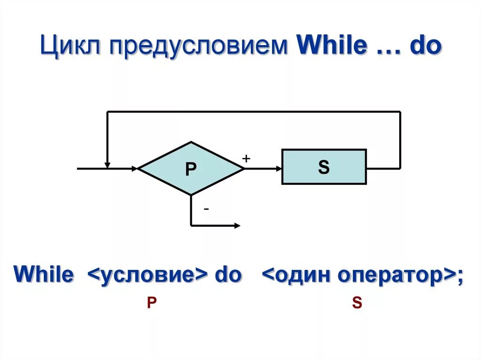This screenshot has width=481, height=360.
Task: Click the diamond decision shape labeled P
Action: (x=191, y=169)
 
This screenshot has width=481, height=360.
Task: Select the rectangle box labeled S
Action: (x=324, y=167)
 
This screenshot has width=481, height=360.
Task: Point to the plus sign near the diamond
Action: (x=246, y=159)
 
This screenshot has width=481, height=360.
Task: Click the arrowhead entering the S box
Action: (x=278, y=168)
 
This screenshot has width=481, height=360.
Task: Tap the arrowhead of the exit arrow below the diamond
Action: (x=237, y=226)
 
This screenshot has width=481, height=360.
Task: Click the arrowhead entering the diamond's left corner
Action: (x=135, y=168)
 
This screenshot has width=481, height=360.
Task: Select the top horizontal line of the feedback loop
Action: (x=254, y=112)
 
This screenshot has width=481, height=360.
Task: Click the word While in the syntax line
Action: (x=44, y=275)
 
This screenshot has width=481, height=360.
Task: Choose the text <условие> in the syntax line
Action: (x=148, y=275)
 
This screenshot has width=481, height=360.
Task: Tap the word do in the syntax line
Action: (x=228, y=275)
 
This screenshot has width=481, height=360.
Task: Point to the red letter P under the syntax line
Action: (x=151, y=303)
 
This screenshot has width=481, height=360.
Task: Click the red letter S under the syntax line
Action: (x=357, y=303)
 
